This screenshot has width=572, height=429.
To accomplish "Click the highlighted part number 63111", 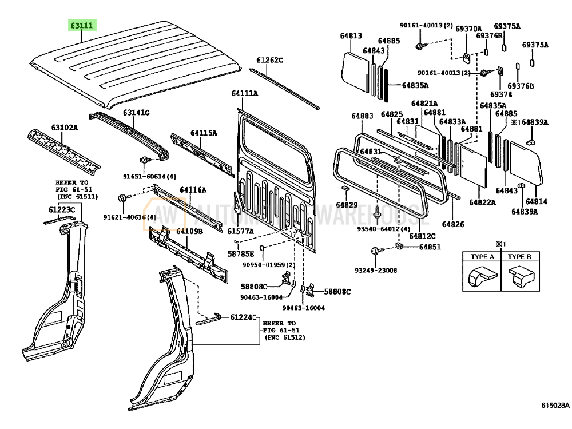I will (x=82, y=26).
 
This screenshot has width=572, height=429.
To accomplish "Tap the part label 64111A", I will (x=244, y=93).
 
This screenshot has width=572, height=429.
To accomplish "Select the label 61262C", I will (x=269, y=60).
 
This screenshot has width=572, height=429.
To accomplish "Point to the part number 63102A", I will (x=64, y=127).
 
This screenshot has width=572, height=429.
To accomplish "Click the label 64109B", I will (x=189, y=232).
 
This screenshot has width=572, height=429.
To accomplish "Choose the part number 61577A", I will (x=240, y=231).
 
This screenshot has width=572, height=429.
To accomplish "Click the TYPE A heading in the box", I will (x=482, y=256).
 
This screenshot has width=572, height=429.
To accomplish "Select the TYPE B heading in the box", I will (x=519, y=256).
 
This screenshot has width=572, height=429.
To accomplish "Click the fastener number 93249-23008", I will (x=375, y=269).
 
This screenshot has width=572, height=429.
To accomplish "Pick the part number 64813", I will (x=351, y=35).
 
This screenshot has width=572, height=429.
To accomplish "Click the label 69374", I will (x=500, y=94).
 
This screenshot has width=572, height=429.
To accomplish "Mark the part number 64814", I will (x=537, y=201).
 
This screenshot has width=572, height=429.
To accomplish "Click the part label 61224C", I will (x=244, y=317).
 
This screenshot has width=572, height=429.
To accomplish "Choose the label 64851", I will (x=430, y=247).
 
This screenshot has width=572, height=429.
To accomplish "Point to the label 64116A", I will (x=193, y=190).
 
